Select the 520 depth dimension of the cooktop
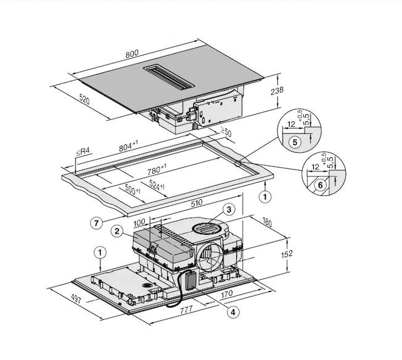click(x=88, y=100)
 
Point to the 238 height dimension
click(x=276, y=91)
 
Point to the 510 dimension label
click(x=195, y=202)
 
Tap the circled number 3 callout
click(x=229, y=210)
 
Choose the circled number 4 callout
click(x=232, y=312)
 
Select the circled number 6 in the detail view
click(x=319, y=184)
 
